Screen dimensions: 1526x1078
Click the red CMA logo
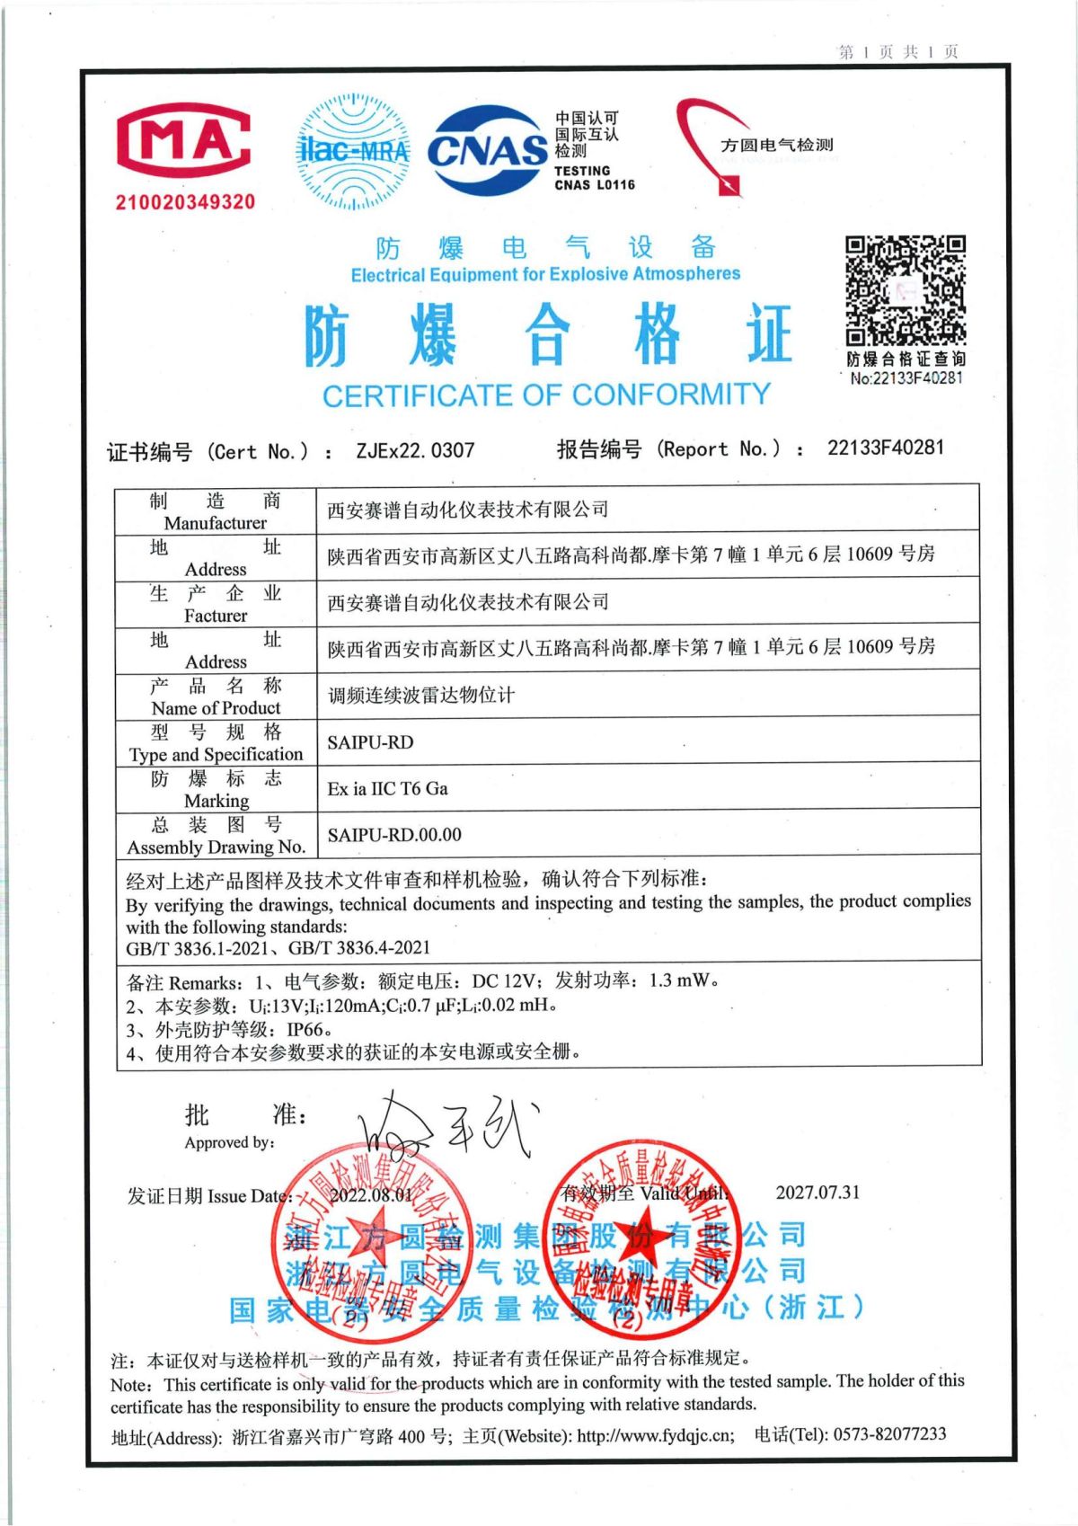coord(184,141)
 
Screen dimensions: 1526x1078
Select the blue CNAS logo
coord(488,150)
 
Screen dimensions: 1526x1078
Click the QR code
coord(905,290)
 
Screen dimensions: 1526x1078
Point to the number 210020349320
coord(185,202)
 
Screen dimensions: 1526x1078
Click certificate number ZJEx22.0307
coord(415,450)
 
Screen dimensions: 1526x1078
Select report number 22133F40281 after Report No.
coord(886,447)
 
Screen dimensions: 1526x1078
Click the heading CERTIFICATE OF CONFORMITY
coord(546,395)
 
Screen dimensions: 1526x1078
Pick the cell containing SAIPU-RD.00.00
coord(394,835)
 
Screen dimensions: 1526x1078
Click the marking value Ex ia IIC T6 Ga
coord(387,788)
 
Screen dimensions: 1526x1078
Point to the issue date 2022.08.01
coord(371,1195)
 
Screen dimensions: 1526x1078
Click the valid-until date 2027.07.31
coord(817,1193)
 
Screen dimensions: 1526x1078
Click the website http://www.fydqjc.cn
coord(655,1435)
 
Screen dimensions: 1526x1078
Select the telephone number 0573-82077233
coord(889,1433)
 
